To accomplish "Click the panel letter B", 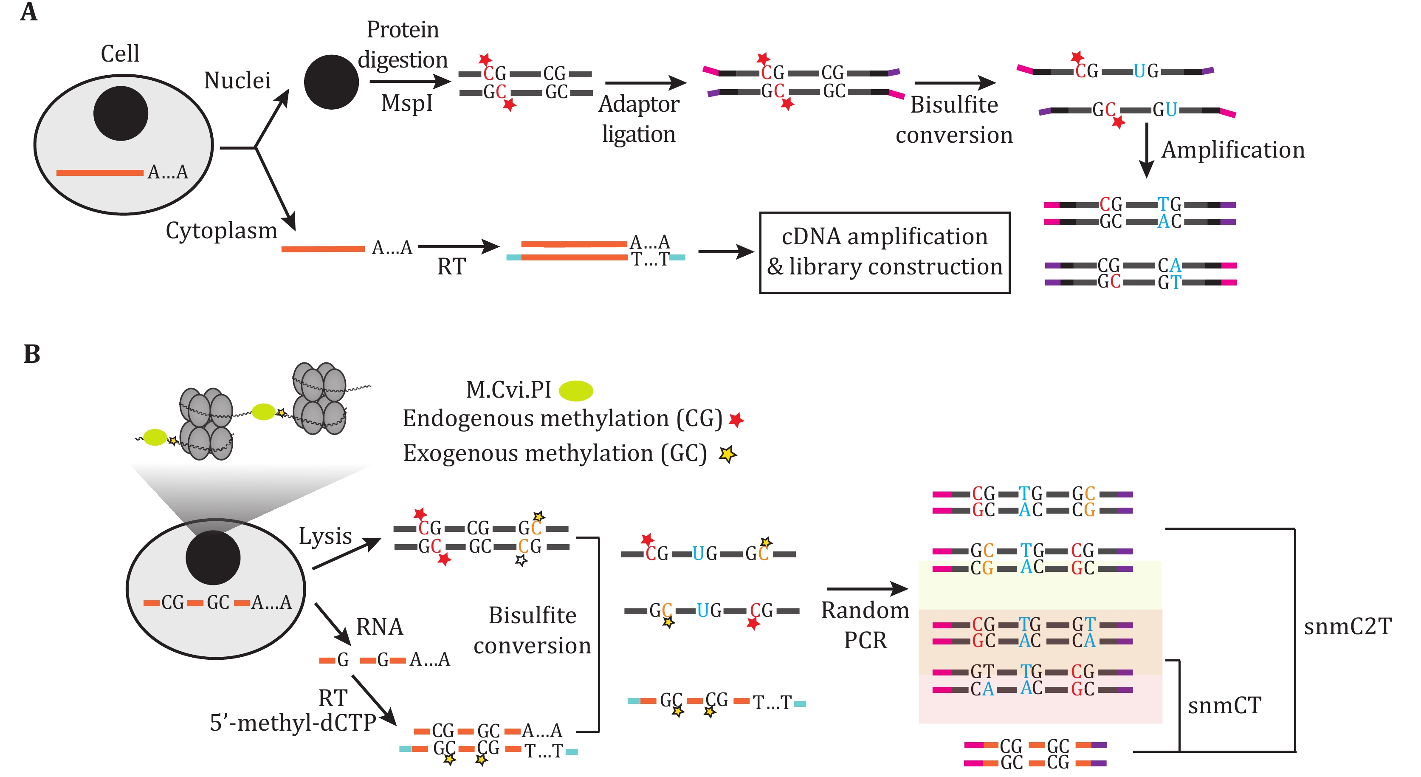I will [31, 354].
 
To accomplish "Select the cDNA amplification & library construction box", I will [884, 252].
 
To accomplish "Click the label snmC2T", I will [1347, 626].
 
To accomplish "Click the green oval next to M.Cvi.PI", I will [575, 390].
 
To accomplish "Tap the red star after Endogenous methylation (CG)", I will [736, 420].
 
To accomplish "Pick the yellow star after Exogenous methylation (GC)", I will [727, 454].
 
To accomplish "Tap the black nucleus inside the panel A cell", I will [121, 113].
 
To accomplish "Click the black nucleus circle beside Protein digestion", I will [331, 82].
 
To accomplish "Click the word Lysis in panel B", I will [325, 536].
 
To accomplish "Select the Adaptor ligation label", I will [638, 119].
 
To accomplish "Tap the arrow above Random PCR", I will [867, 588].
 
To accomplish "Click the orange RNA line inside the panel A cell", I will [99, 173].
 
